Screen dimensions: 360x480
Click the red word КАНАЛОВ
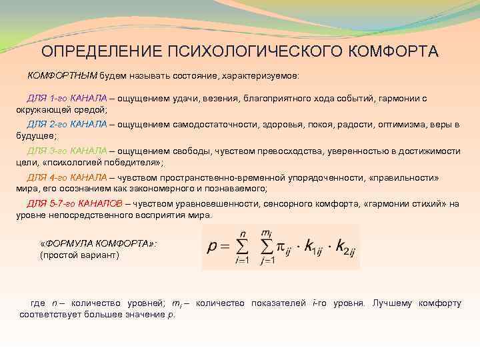point(100,203)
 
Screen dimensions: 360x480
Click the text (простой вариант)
point(79,255)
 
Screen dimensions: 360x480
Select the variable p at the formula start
point(212,248)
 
